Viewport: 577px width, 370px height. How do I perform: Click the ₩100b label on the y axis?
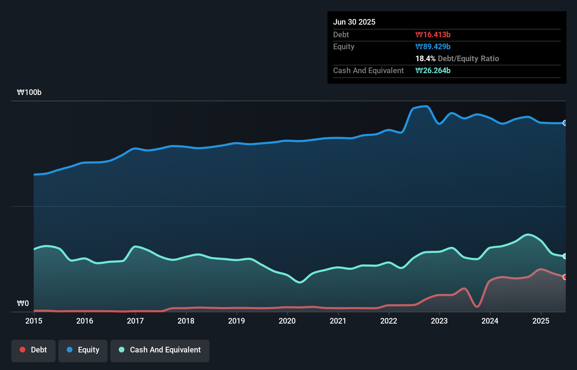pos(29,92)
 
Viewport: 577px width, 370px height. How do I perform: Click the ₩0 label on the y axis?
pos(23,304)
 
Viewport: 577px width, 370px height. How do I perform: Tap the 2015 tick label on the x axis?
pos(34,321)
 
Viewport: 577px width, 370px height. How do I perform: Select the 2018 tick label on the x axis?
pos(186,321)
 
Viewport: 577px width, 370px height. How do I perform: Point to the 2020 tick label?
pos(287,321)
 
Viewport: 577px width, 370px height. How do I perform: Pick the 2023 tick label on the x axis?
pos(439,321)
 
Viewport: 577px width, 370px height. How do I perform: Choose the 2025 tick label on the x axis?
pos(541,321)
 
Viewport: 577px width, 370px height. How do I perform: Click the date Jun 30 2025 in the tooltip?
pos(354,22)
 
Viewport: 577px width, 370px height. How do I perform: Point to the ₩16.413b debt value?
pos(433,34)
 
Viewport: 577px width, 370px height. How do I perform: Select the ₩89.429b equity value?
pos(433,46)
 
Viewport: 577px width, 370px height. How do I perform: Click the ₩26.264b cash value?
pos(433,70)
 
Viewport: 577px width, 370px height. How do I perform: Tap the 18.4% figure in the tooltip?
pos(425,58)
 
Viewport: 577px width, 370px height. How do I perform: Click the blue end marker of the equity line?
pos(565,123)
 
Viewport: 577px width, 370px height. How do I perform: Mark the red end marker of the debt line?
pos(565,277)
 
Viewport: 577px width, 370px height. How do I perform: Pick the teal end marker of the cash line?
pos(565,256)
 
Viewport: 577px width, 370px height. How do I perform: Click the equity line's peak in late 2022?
pos(426,106)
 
